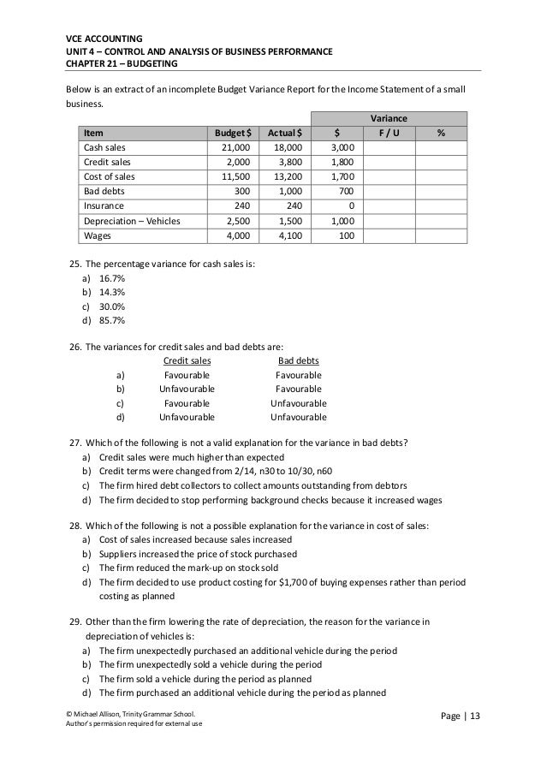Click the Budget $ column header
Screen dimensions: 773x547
[x=231, y=133]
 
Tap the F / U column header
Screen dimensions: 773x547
[x=389, y=133]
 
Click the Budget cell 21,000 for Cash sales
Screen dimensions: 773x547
[x=235, y=147]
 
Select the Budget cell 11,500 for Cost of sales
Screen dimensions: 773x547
[x=235, y=176]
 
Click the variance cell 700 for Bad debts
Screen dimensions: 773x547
[x=345, y=191]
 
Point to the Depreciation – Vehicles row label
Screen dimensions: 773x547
[x=131, y=221]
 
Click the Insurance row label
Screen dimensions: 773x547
[x=102, y=206]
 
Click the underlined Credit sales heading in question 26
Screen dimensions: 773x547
[x=187, y=361]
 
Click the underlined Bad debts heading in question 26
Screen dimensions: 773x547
[x=298, y=361]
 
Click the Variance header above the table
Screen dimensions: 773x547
[x=388, y=117]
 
